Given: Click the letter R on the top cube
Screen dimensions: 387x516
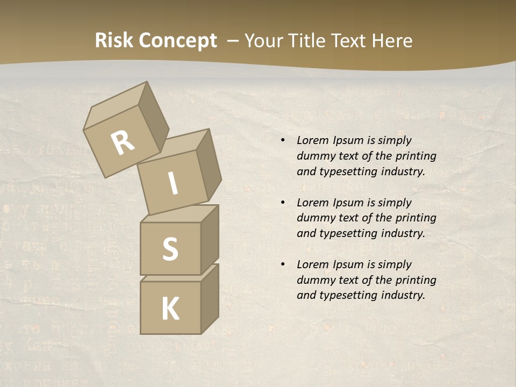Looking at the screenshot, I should point(123,142).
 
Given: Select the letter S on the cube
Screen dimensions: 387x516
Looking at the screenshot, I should point(170,249).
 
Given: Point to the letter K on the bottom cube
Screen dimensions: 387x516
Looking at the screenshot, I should point(170,309).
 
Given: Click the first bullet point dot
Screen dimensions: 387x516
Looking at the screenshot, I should point(282,140).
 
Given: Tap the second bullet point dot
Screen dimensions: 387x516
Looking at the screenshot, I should point(282,203).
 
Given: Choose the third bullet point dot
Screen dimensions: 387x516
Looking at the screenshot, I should point(282,264).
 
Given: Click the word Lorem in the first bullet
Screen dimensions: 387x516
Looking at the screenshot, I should point(312,140).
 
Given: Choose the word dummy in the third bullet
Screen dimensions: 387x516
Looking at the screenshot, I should point(316,280).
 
